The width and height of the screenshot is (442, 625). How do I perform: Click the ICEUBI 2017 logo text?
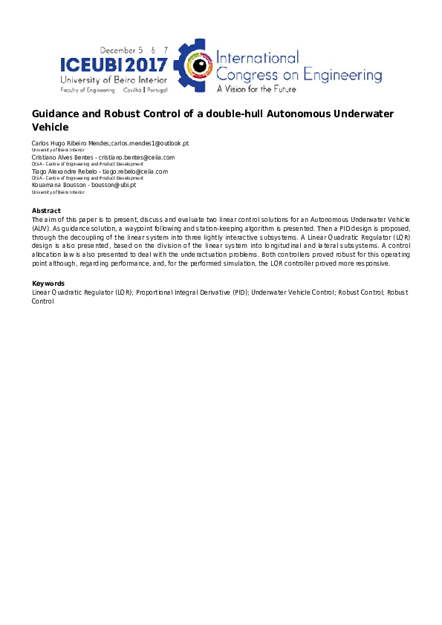[x=114, y=65]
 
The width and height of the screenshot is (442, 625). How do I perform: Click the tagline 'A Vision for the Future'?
[x=256, y=89]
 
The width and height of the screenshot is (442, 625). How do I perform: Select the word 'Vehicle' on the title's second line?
[x=50, y=128]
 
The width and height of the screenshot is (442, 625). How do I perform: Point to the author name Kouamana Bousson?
[x=53, y=186]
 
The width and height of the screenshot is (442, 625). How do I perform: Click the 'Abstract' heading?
[x=46, y=212]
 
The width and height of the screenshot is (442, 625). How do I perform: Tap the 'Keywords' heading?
[x=48, y=284]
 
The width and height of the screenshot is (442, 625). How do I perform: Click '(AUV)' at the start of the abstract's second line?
[x=41, y=229]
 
